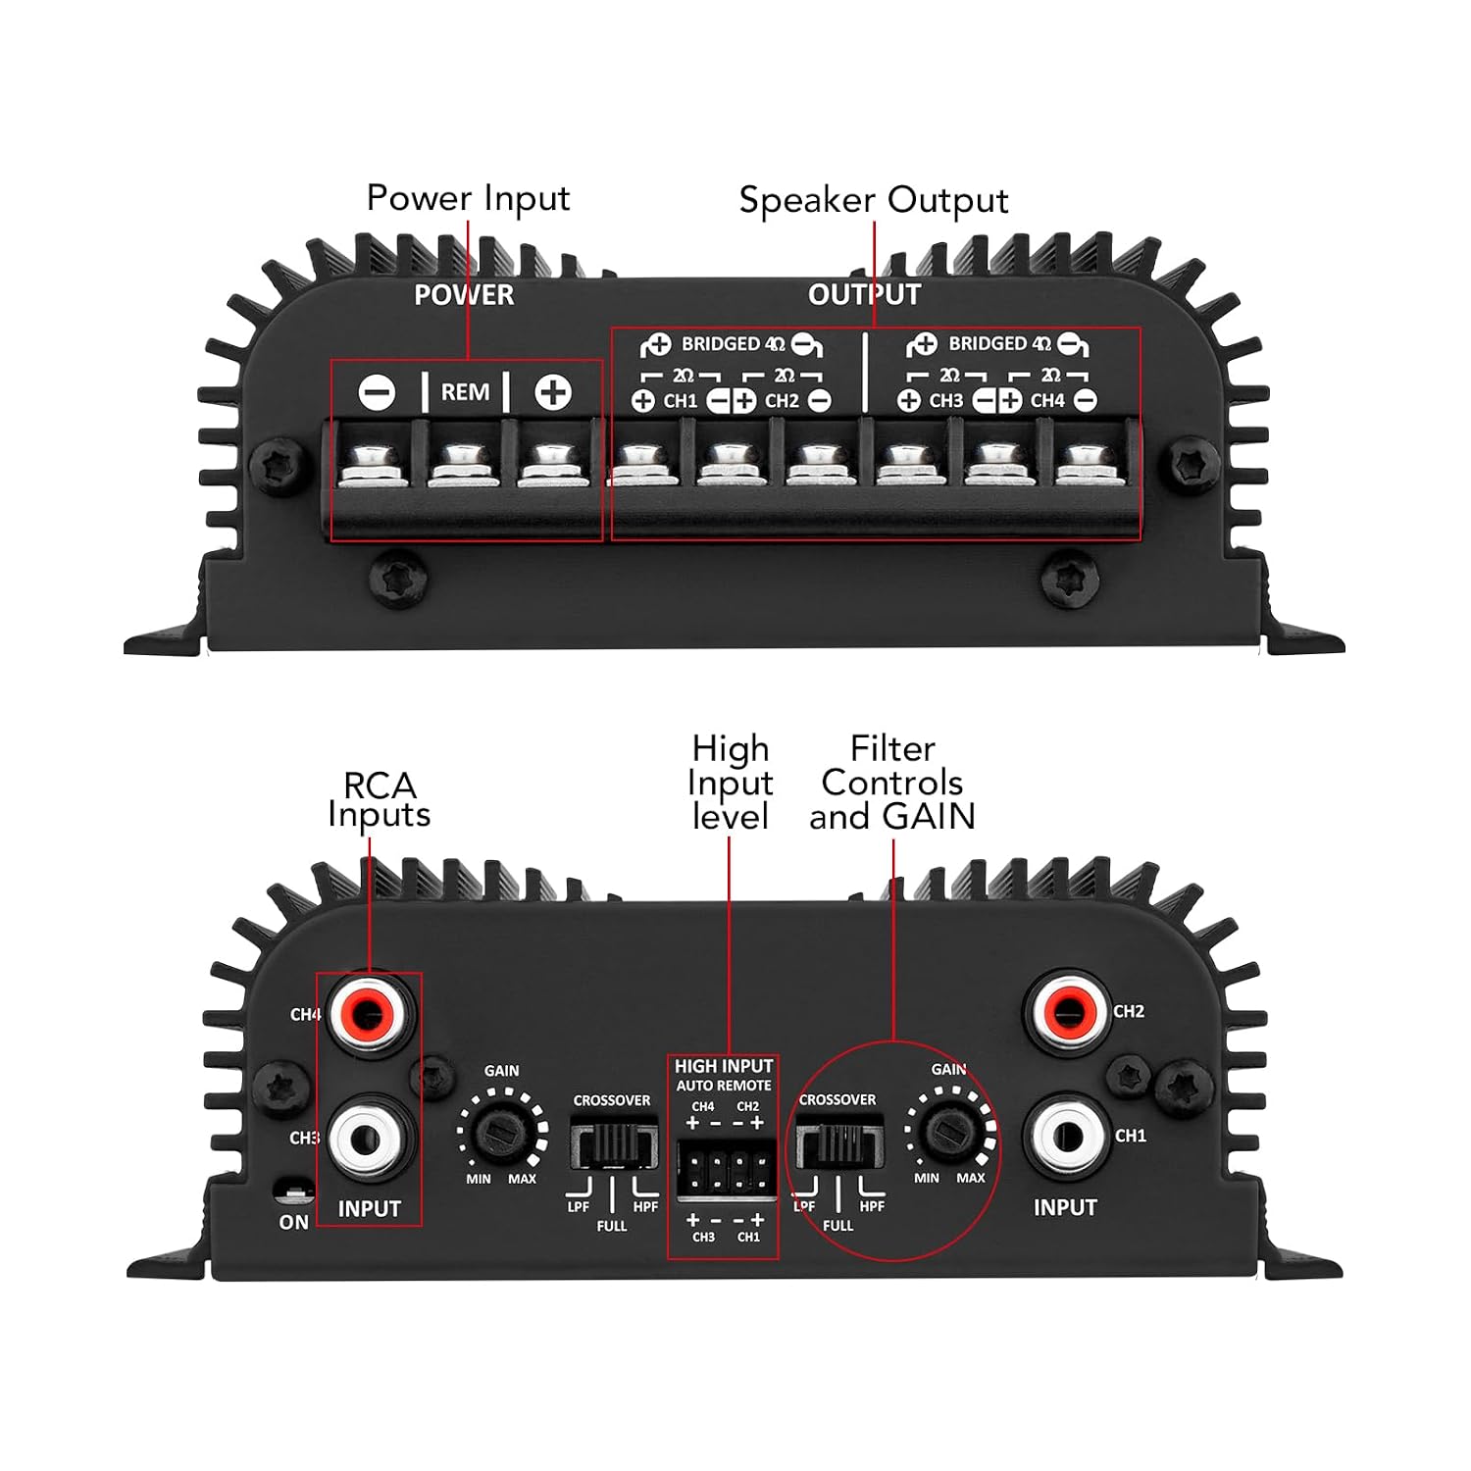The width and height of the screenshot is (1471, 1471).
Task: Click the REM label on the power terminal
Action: point(465,392)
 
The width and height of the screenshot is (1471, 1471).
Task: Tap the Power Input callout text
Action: point(468,199)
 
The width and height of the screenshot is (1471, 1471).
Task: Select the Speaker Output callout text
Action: point(874,201)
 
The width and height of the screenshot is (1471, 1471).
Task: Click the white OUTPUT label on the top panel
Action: point(864,294)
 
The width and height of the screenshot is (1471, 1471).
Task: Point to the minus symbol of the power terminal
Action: point(377,393)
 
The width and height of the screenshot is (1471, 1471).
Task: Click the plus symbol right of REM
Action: point(553,393)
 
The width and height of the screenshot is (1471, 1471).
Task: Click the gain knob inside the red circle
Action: point(949,1131)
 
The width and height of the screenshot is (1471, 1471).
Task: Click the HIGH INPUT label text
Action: point(724,1066)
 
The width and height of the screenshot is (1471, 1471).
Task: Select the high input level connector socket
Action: point(726,1169)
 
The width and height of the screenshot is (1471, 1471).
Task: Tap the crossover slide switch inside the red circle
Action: point(838,1145)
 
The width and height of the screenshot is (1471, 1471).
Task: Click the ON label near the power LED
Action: point(294,1222)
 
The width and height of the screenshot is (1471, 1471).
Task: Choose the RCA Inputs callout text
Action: point(379,800)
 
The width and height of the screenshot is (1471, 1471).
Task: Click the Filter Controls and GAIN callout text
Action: point(892,783)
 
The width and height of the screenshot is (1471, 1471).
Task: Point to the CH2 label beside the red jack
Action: point(1129,1011)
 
